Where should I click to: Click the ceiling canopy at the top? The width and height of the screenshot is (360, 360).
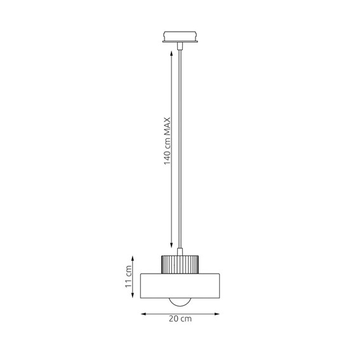180,36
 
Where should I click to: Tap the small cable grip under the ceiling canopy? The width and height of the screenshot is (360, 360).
180,47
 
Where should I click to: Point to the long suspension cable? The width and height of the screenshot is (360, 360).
180,146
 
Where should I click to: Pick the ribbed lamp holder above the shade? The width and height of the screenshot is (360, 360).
180,263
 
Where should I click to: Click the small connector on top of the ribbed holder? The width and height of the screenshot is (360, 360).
180,251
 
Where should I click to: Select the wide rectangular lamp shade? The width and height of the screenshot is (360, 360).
180,286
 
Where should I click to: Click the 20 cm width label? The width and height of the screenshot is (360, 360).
180,319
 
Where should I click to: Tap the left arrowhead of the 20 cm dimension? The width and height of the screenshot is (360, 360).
143,314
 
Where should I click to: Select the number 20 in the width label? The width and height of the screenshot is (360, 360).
175,319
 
